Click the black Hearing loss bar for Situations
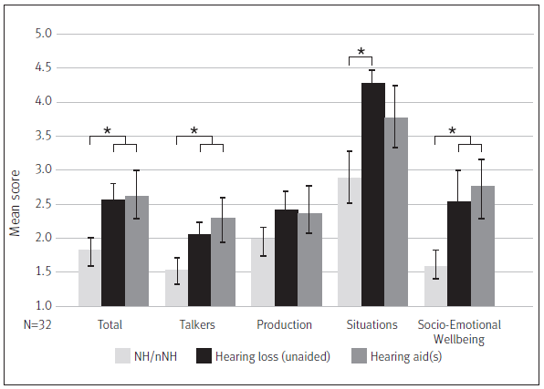pos(372,195)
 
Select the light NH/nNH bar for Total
pos(89,278)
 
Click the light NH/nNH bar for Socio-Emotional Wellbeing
pos(436,286)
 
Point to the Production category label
pos(286,324)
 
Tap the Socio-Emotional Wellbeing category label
pos(459,331)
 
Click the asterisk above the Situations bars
pos(361,52)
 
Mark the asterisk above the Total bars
pos(107,131)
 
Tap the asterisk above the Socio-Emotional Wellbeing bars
pos(453,131)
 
